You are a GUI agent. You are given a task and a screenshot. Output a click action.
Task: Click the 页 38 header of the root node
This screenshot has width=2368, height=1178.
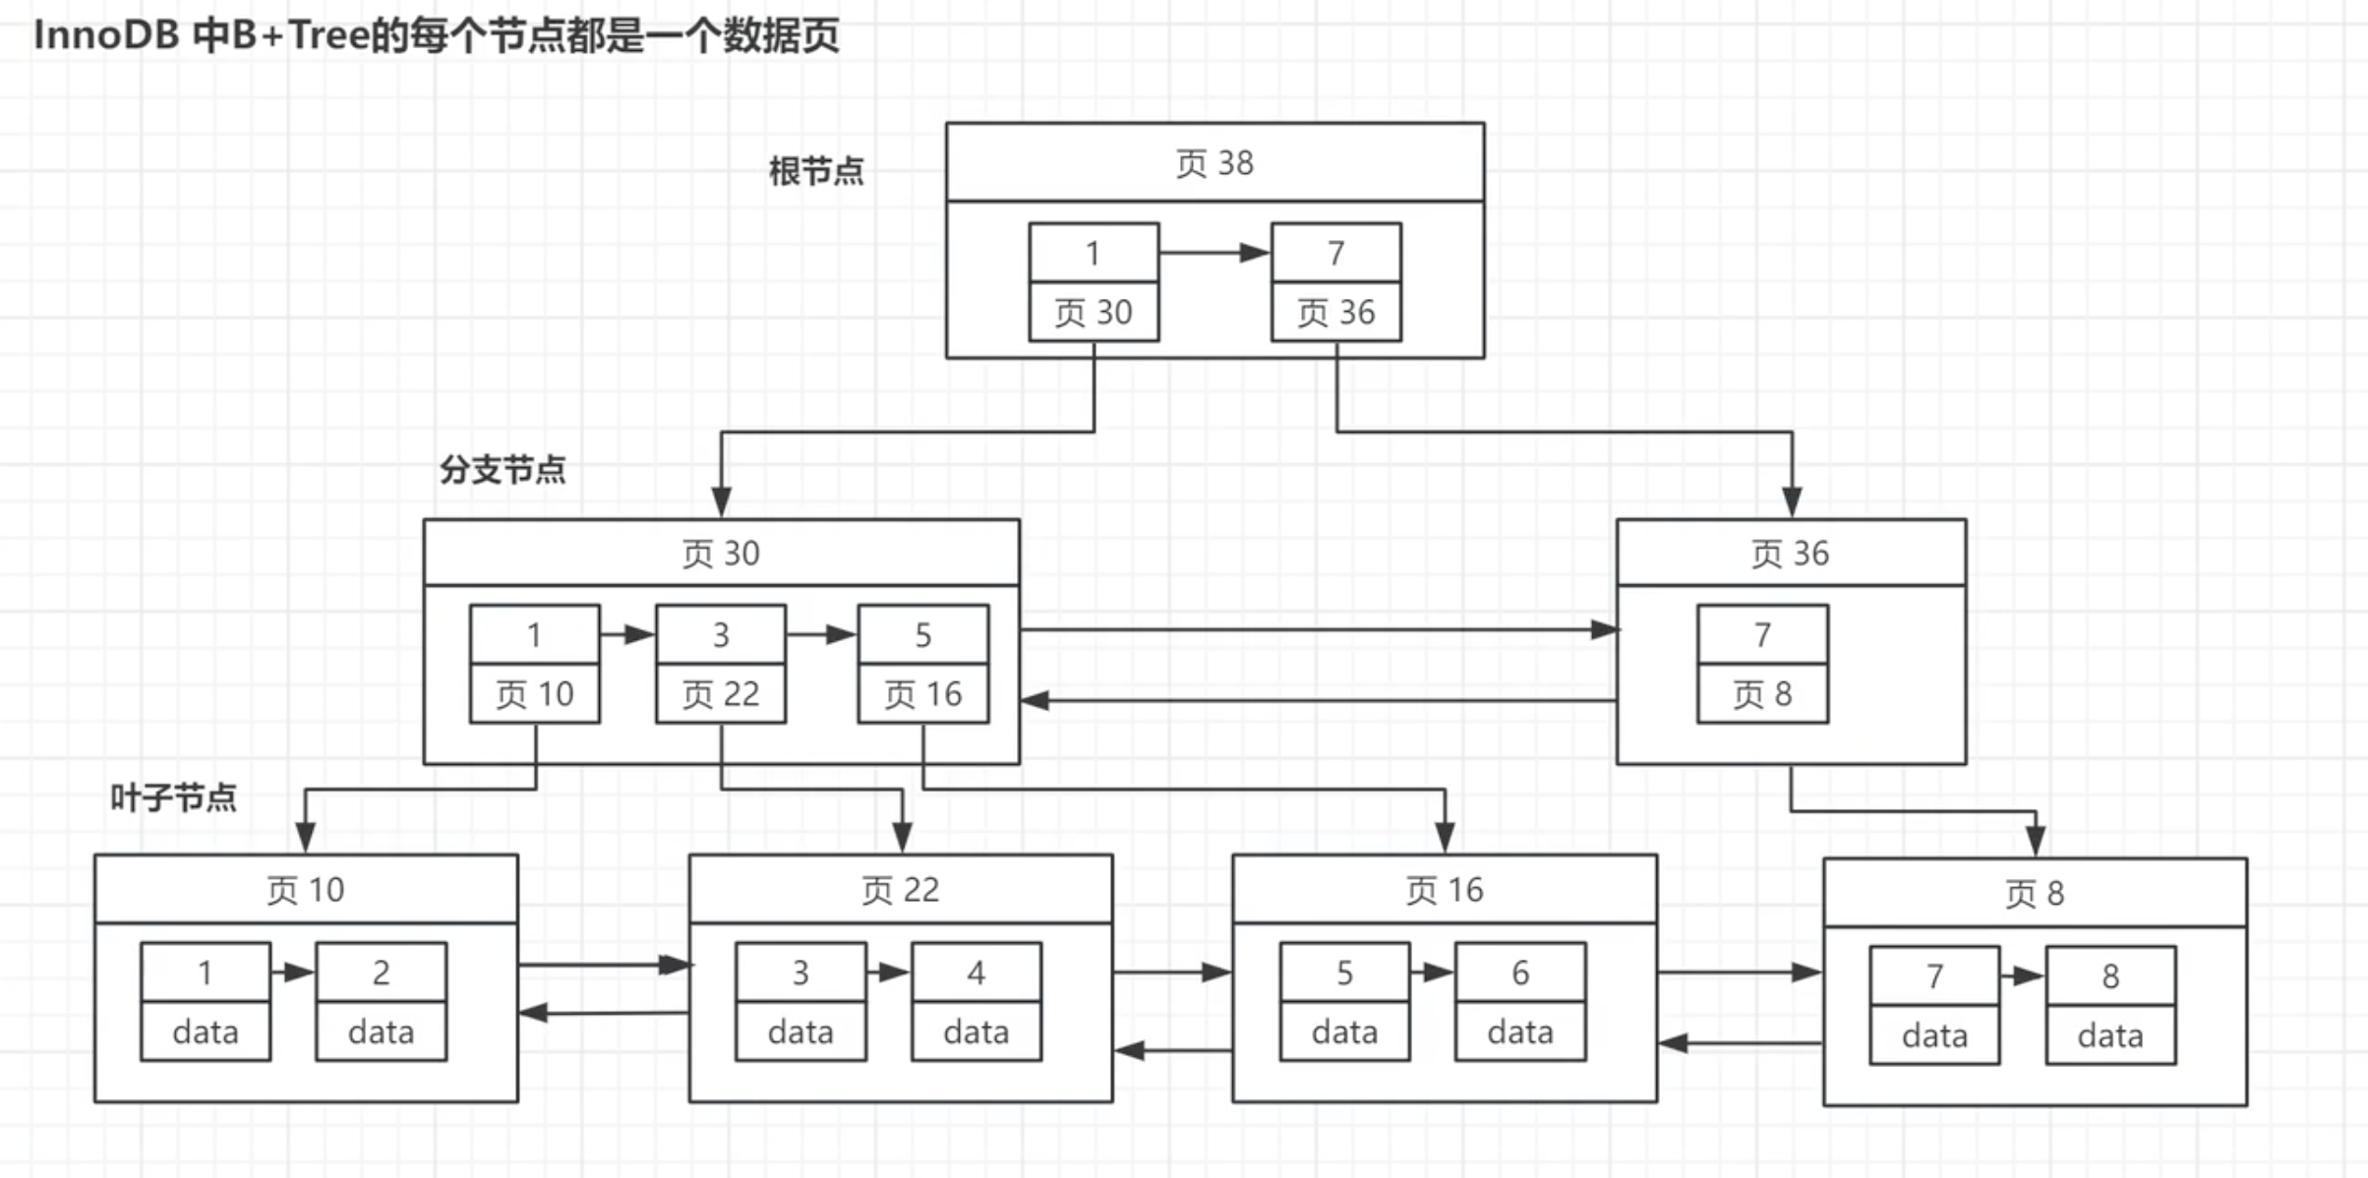click(x=1214, y=162)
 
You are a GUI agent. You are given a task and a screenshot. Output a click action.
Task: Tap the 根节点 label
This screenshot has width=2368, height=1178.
click(x=816, y=171)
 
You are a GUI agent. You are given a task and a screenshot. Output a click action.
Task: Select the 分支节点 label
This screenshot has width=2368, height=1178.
click(x=503, y=469)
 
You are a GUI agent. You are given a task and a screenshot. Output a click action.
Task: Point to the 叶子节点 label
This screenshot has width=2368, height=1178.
click(x=173, y=796)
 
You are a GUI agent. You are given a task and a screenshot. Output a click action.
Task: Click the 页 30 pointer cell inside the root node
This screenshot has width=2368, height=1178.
click(x=1094, y=312)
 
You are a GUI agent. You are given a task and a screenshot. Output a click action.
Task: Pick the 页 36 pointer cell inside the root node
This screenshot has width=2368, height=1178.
click(x=1335, y=312)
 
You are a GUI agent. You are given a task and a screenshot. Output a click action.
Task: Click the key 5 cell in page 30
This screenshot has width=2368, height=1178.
click(x=922, y=634)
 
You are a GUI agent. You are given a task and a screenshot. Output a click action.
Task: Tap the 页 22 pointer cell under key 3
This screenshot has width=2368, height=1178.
click(x=721, y=693)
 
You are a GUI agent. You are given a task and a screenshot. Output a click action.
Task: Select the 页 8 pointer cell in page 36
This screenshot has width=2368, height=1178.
click(x=1762, y=693)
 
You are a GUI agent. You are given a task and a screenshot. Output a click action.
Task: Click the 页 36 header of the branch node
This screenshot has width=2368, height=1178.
click(x=1791, y=553)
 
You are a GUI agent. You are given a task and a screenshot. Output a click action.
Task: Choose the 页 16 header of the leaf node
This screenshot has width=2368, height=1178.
click(x=1444, y=889)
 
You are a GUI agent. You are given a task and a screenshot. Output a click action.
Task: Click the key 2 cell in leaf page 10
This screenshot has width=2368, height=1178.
click(x=381, y=972)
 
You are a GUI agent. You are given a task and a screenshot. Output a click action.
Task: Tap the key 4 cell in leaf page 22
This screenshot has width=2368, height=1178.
click(x=976, y=972)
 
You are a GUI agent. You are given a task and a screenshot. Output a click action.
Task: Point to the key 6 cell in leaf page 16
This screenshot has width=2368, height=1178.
click(x=1520, y=972)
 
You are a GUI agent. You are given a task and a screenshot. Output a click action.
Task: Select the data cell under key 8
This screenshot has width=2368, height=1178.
click(x=2110, y=1034)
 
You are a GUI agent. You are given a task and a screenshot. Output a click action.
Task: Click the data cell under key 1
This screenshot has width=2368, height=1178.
click(x=206, y=1031)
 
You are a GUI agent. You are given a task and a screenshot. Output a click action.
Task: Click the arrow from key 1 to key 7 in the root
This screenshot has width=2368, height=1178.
click(x=1214, y=253)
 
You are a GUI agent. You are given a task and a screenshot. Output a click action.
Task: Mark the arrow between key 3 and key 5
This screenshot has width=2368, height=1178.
click(x=821, y=634)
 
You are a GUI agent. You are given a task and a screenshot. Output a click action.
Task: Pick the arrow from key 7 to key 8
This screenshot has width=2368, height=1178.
click(x=2022, y=975)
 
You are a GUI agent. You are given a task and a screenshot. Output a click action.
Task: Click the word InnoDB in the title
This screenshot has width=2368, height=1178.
click(x=106, y=35)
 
